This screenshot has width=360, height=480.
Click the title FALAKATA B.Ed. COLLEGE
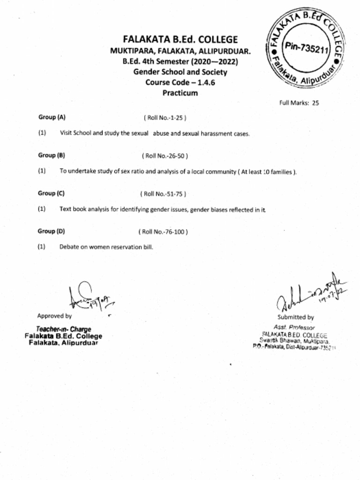(180, 39)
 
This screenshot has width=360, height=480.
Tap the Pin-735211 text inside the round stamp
(307, 48)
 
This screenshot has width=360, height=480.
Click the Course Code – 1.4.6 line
(180, 82)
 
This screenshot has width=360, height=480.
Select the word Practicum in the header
(180, 93)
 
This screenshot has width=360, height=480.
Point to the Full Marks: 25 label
(299, 103)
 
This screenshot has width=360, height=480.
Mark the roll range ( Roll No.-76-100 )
(163, 232)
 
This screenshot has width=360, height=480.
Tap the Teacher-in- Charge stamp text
(64, 329)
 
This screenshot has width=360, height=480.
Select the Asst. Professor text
(294, 327)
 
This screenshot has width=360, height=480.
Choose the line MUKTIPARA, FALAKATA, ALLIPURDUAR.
(180, 51)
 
